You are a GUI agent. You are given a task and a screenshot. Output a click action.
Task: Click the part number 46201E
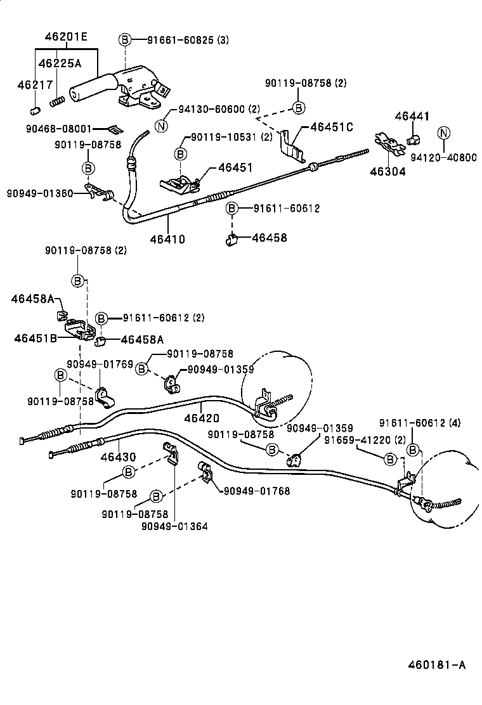(65, 37)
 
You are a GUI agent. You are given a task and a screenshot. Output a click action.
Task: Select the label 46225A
(59, 63)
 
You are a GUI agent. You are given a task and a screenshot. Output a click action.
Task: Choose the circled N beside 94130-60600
(162, 126)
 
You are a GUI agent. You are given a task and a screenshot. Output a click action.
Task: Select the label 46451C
(330, 127)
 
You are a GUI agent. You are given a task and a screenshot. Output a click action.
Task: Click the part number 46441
(412, 116)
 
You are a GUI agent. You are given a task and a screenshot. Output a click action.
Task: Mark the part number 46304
(389, 171)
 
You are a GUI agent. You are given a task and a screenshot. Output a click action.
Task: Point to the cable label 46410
(167, 239)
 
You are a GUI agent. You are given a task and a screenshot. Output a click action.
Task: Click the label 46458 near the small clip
(270, 238)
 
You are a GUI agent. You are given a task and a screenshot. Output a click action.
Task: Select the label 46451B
(36, 338)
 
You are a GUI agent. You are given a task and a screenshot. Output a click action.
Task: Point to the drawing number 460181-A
(436, 664)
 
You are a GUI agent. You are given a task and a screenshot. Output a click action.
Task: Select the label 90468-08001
(59, 128)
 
